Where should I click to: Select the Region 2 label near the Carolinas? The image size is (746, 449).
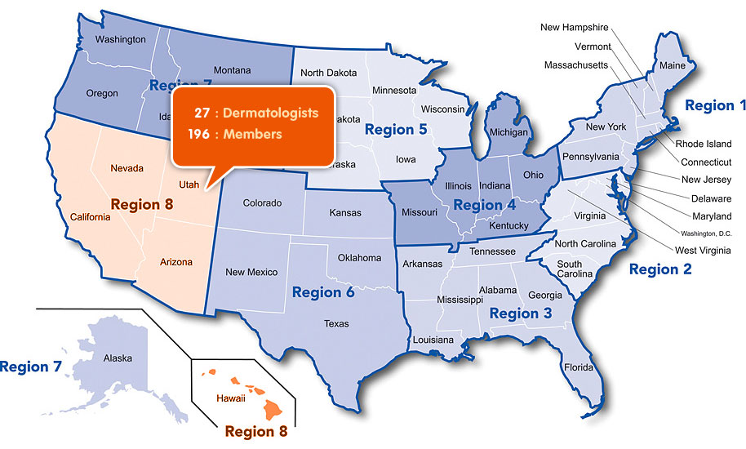[x=659, y=269]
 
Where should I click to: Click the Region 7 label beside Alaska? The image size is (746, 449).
[x=30, y=367]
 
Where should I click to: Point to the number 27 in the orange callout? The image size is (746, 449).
[x=202, y=113]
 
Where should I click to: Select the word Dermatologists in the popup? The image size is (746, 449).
[x=271, y=113]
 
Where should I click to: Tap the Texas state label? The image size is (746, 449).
[x=336, y=324]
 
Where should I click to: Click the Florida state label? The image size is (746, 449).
[x=579, y=367]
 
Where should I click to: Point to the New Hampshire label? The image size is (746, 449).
[x=575, y=28]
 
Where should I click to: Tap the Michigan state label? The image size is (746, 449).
[x=508, y=132]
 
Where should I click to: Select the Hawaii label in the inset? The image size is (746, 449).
[x=230, y=398]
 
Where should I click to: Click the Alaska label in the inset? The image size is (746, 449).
[x=118, y=358]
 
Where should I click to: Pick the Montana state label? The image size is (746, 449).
[x=232, y=71]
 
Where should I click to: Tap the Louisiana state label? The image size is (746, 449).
[x=433, y=340]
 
